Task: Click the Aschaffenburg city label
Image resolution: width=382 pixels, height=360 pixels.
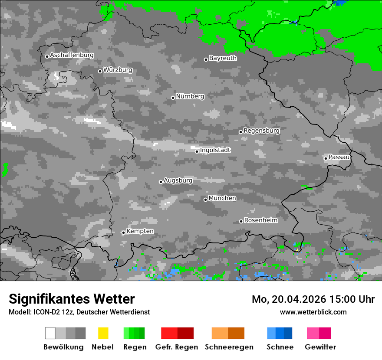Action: tap(72, 55)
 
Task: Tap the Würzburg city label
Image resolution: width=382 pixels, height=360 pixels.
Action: tap(118, 70)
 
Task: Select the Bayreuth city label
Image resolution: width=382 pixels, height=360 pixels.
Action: tap(223, 58)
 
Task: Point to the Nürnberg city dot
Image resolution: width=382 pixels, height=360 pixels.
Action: tap(173, 98)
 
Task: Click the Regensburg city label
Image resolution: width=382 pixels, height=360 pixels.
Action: tap(261, 131)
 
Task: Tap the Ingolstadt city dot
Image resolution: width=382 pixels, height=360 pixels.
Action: tap(197, 151)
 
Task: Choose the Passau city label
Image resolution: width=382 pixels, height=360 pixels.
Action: tap(339, 157)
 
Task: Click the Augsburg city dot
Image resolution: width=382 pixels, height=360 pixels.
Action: tap(161, 182)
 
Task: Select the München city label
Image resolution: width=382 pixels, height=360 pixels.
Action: tap(222, 198)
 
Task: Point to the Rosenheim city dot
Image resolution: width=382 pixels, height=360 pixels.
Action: tap(241, 221)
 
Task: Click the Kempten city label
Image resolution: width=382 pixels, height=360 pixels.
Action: tap(140, 231)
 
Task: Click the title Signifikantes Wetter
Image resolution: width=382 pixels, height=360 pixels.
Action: tap(72, 299)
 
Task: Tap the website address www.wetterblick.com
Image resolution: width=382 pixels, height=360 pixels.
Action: tap(313, 312)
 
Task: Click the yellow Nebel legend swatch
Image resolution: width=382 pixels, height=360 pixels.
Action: tap(103, 333)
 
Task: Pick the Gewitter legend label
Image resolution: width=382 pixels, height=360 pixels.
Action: tap(320, 347)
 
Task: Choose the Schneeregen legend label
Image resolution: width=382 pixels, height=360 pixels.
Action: tap(229, 347)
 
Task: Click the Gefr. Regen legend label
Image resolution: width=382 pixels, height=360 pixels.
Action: tap(177, 347)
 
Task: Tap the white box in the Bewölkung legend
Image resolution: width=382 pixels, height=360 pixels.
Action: tap(50, 333)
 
